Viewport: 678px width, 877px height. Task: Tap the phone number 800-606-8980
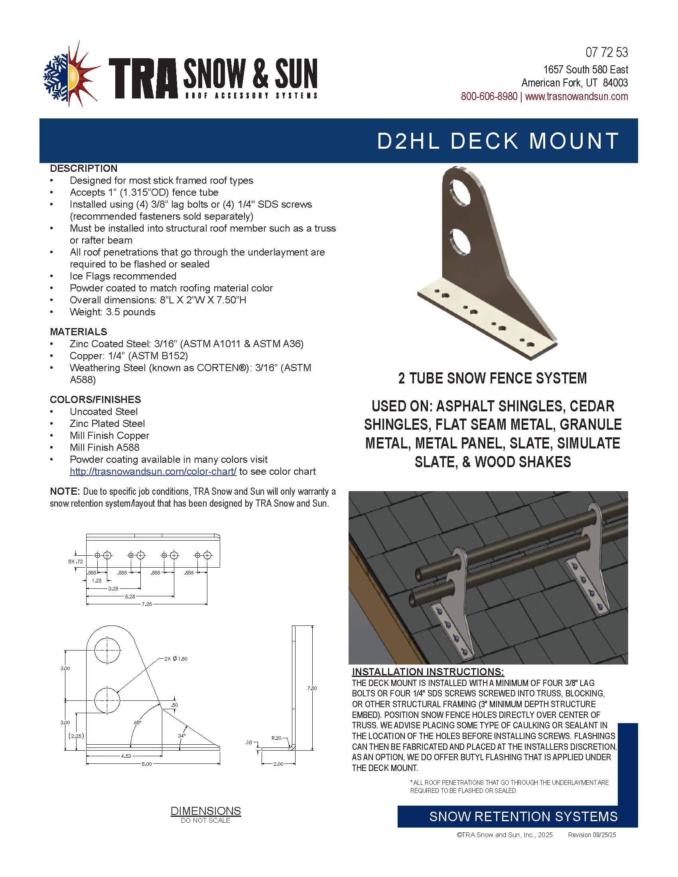click(489, 97)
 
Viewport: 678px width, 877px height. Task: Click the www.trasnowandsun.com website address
click(576, 97)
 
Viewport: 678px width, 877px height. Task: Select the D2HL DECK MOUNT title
click(498, 141)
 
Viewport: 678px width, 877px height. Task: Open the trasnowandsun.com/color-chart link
click(153, 472)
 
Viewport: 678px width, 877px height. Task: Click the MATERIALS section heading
click(78, 332)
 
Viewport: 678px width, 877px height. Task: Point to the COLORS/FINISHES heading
click(95, 399)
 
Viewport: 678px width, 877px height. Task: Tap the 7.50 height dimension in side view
click(312, 688)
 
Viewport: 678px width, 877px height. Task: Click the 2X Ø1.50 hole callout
click(175, 659)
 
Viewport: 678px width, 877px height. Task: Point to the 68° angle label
click(137, 722)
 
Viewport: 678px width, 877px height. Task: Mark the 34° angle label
click(181, 735)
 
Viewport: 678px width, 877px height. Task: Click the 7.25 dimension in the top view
click(147, 604)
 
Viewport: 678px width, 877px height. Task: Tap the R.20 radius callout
click(276, 738)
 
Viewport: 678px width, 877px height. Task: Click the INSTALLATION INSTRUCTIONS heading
click(428, 672)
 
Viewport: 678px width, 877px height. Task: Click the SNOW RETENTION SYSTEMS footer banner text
click(523, 817)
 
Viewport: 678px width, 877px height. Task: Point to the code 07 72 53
click(607, 52)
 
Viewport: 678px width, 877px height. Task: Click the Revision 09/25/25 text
click(591, 835)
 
